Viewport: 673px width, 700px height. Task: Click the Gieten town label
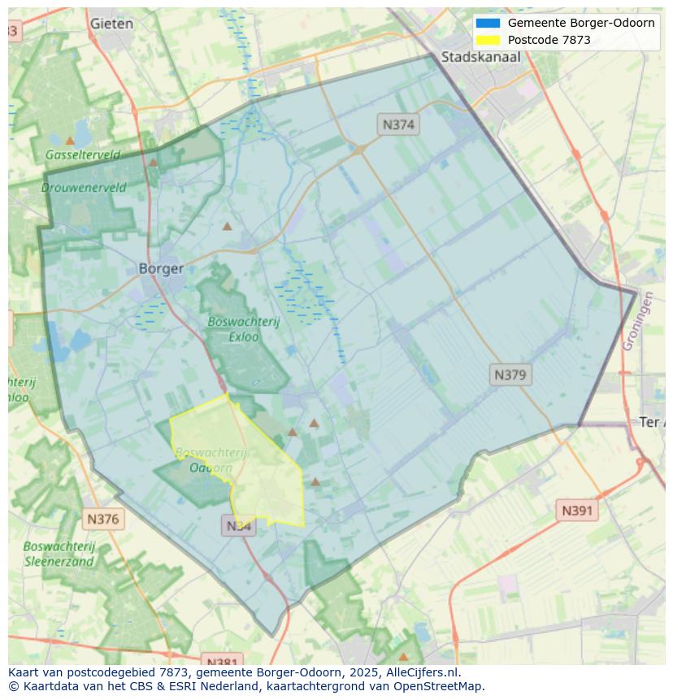[x=112, y=24]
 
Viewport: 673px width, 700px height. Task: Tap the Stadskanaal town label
[x=480, y=57]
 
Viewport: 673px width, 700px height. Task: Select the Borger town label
[x=161, y=268]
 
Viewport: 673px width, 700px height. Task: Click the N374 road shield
[x=398, y=124]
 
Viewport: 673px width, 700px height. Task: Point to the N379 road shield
[x=510, y=375]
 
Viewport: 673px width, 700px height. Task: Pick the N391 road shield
[x=578, y=511]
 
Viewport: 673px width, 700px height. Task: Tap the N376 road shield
[x=102, y=519]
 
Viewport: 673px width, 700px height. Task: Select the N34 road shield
[x=238, y=526]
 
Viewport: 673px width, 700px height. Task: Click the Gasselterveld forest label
[x=83, y=154]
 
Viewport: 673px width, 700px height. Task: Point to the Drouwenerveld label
[x=84, y=187]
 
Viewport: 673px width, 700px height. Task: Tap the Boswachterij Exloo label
[x=243, y=328]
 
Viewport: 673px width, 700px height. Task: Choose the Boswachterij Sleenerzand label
[x=59, y=554]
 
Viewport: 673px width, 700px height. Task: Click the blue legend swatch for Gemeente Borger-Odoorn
[x=488, y=23]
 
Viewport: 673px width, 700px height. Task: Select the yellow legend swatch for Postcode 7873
[x=488, y=40]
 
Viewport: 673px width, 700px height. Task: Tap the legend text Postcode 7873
[x=549, y=40]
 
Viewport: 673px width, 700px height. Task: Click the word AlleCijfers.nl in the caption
[x=420, y=672]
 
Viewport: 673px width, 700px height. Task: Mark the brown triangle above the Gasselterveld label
[x=70, y=141]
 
